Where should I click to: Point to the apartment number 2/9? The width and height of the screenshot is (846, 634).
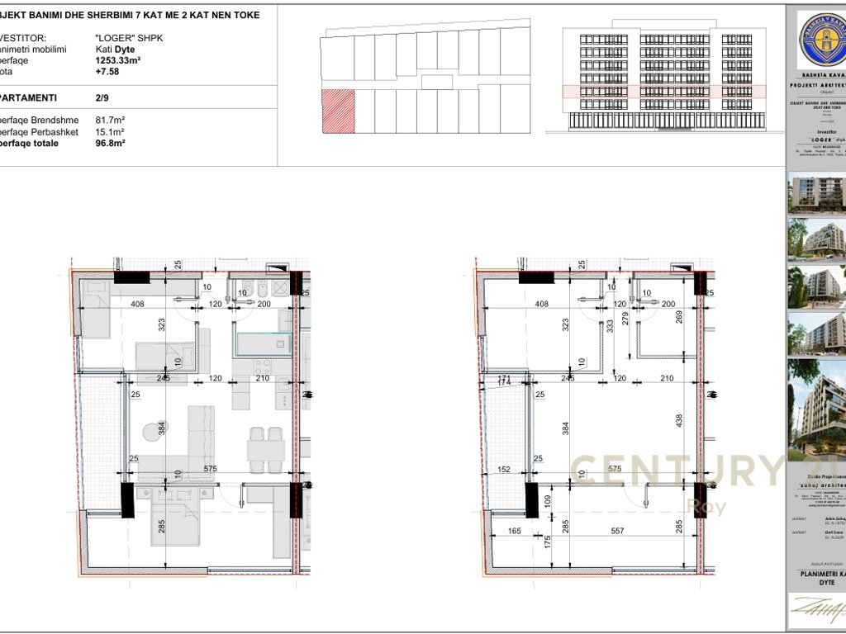[103, 97]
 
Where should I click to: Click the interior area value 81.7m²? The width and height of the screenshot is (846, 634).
[110, 120]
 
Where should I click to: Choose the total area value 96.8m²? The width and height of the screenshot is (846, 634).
[110, 143]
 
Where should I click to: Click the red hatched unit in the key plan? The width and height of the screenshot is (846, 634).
[338, 111]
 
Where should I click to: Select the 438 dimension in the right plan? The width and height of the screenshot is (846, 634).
[679, 420]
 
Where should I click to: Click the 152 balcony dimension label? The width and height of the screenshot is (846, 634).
[506, 470]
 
